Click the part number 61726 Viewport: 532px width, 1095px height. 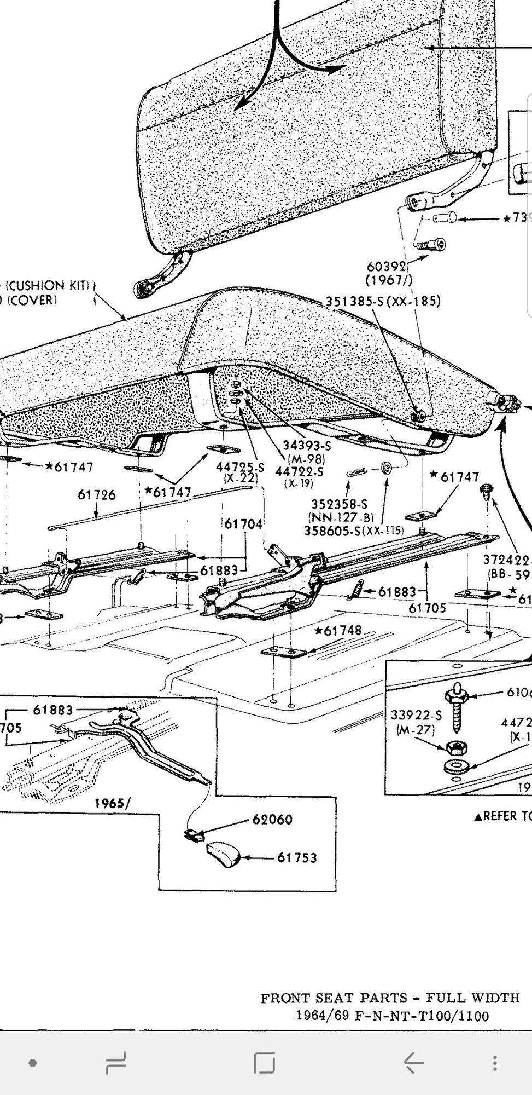point(97,495)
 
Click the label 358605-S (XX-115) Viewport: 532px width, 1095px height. point(354,531)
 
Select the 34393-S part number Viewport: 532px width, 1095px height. point(307,446)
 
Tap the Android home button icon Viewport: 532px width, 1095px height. point(265,1063)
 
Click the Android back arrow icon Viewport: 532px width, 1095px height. point(414,1063)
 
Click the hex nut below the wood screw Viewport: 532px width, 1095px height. point(452,747)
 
